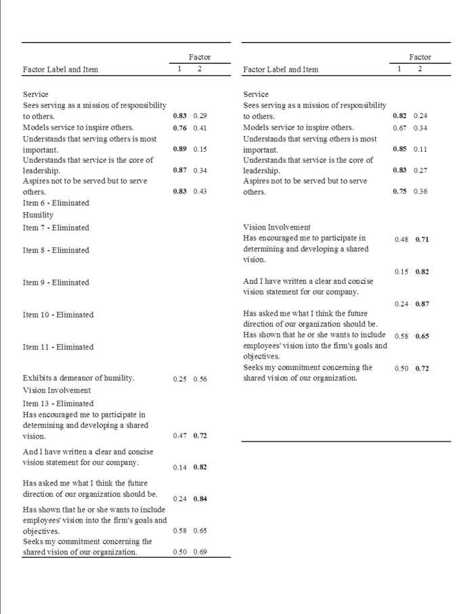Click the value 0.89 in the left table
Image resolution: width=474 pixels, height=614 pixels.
[179, 149]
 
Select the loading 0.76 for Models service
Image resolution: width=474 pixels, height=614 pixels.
[179, 127]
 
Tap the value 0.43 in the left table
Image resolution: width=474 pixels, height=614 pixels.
[200, 192]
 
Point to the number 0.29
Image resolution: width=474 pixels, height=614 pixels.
[200, 117]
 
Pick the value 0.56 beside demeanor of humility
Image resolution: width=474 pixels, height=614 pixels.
[200, 379]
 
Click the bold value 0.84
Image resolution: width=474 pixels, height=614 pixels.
[200, 499]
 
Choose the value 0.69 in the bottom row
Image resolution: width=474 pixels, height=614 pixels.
[200, 552]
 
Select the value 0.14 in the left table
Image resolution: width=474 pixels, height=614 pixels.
[179, 468]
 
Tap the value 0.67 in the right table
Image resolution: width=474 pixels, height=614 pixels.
[400, 127]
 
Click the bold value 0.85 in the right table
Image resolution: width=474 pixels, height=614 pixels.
[400, 149]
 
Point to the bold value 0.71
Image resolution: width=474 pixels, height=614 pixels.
[422, 239]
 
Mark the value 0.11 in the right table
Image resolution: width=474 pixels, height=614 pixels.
[421, 149]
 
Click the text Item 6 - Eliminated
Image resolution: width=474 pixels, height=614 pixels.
[56, 203]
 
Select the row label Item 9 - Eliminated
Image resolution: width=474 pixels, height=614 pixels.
[56, 283]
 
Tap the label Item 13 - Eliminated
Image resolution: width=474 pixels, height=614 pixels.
[58, 403]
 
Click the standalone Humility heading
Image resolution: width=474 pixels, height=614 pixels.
[38, 215]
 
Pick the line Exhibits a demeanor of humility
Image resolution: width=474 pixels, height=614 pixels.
[79, 378]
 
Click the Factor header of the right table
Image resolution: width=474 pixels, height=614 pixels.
[420, 58]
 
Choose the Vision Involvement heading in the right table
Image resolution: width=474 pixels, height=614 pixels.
[276, 228]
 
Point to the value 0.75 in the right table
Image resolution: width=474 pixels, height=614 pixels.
[400, 192]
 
